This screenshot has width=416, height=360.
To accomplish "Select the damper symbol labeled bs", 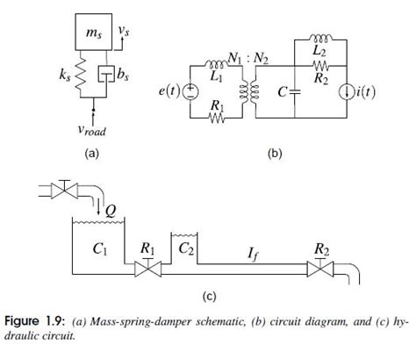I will [x=106, y=77].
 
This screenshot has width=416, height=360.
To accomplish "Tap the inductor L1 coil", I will [x=215, y=62].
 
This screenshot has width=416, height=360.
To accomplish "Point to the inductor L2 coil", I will [x=322, y=40].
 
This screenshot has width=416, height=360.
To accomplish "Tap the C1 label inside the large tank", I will [x=99, y=248].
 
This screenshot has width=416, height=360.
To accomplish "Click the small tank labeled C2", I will [x=186, y=249].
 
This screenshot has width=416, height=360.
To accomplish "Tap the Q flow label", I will [x=111, y=210].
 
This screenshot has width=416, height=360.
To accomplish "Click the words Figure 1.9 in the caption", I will [x=34, y=322].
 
